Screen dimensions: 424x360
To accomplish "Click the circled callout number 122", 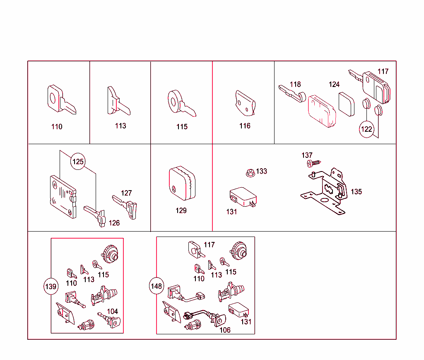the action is click(367, 129).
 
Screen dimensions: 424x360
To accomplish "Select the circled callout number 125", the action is click(78, 162).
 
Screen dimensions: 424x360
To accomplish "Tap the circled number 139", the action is click(51, 286).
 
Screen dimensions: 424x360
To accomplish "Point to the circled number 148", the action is click(156, 286).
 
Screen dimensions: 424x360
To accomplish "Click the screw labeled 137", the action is click(314, 163).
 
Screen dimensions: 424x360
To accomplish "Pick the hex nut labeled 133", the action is click(251, 173).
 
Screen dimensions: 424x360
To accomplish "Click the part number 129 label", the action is click(181, 210).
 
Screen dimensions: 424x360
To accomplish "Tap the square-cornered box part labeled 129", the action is click(182, 183).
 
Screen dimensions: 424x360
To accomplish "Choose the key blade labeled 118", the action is click(292, 94).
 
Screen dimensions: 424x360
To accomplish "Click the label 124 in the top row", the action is click(334, 85).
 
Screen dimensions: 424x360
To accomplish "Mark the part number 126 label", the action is click(114, 223).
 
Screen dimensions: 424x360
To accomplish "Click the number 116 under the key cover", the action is click(245, 126).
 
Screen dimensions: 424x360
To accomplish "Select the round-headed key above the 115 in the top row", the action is click(182, 103).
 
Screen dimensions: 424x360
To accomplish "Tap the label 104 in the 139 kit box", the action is click(113, 311).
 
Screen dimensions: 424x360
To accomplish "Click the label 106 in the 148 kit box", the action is click(225, 330).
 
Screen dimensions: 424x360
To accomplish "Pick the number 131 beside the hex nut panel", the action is click(232, 212).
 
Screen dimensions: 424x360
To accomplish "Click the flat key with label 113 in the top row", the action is click(118, 101).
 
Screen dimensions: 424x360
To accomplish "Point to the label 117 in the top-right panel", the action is click(383, 71).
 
